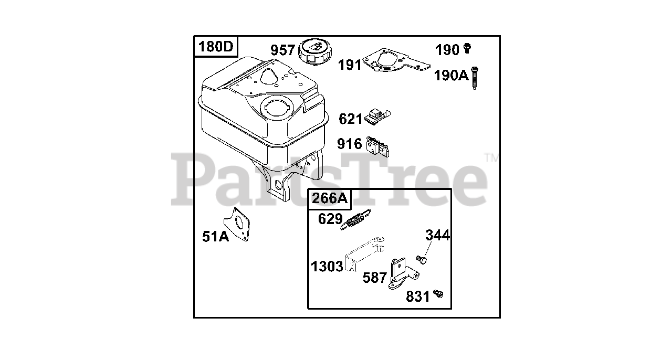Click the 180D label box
[x=215, y=47]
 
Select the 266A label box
[x=329, y=198]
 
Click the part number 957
[x=282, y=51]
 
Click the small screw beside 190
[x=467, y=49]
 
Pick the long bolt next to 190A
[x=475, y=78]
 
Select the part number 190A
[x=450, y=76]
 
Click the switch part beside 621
[x=377, y=117]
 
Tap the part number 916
[x=350, y=144]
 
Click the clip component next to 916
[x=379, y=146]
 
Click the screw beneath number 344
[x=421, y=259]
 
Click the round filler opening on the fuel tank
[x=274, y=109]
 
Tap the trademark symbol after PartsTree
[x=490, y=156]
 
